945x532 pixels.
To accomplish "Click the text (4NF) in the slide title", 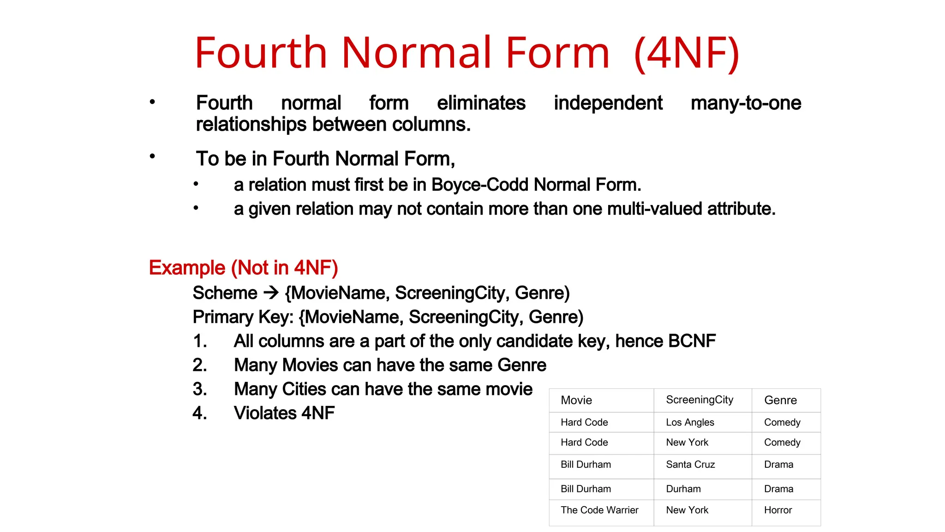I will [x=687, y=53].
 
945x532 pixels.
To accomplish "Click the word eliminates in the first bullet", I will [x=481, y=103].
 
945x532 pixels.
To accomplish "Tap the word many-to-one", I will [x=746, y=103].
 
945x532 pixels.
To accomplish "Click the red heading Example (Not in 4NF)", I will [x=243, y=268].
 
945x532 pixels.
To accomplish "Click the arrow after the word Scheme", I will [x=271, y=292].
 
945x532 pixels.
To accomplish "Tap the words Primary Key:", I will [x=243, y=317].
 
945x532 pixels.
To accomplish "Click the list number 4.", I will [x=199, y=413].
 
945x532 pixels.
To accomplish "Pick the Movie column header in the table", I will [x=576, y=400].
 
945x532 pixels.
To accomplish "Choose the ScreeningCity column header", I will [x=700, y=400].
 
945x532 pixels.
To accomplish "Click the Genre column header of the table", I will [x=780, y=400].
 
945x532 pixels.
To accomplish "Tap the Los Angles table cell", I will [x=690, y=423].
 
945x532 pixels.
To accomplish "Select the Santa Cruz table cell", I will [x=690, y=465].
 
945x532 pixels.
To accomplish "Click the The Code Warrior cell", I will [x=599, y=510].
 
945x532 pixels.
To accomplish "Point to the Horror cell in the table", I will [x=778, y=510].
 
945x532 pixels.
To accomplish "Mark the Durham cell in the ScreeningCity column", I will [x=683, y=489].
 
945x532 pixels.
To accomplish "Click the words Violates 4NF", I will [x=284, y=413].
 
